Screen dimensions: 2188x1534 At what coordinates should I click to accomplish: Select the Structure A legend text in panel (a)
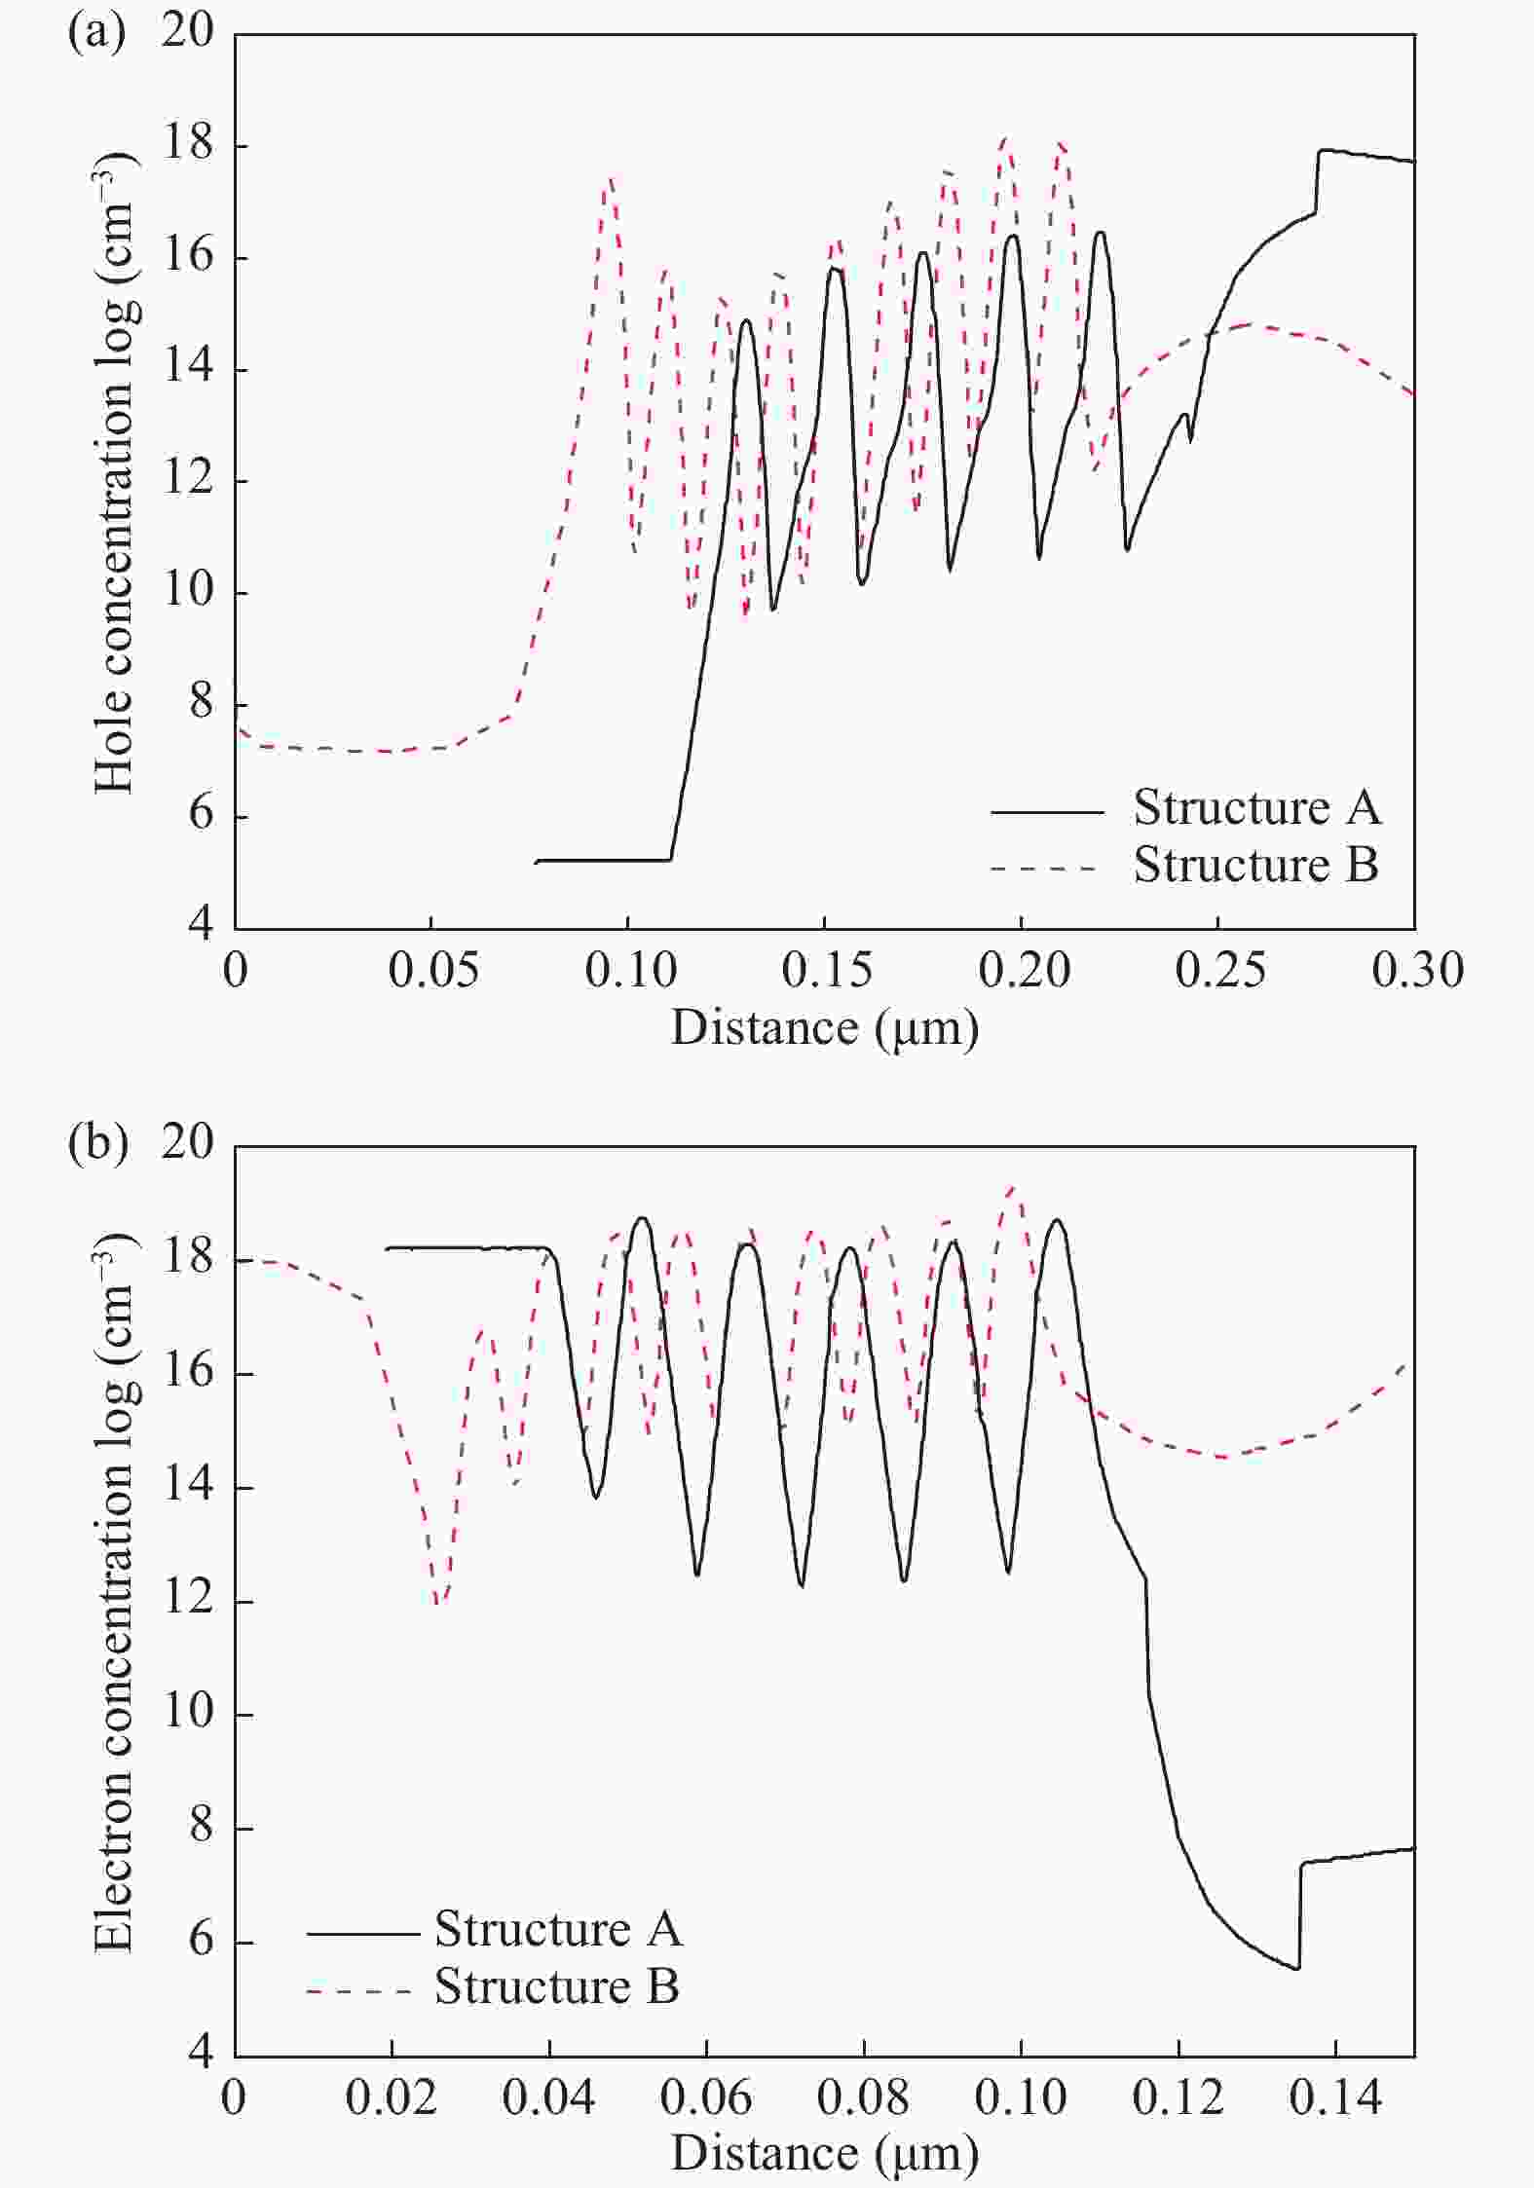coord(1256,808)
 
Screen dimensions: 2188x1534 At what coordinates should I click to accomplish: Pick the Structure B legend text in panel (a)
coord(1256,866)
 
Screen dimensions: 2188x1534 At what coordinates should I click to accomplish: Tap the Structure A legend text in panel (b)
coord(558,1929)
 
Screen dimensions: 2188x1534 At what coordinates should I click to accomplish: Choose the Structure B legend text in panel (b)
coord(556,1986)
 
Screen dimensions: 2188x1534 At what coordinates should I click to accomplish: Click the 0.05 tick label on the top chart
coord(432,971)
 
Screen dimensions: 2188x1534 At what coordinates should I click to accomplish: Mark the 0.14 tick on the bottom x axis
coord(1335,2097)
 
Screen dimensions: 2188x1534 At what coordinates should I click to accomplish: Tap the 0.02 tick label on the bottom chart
coord(392,2097)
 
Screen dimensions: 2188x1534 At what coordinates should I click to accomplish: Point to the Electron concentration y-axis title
coord(116,1597)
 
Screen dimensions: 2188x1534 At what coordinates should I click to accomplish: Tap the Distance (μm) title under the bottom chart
coord(824,2154)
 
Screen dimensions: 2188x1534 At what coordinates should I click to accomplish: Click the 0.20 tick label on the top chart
coord(1024,971)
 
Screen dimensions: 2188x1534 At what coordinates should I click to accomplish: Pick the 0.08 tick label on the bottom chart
coord(863,2097)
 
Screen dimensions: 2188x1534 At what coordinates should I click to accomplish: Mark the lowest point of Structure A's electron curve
coord(1297,1968)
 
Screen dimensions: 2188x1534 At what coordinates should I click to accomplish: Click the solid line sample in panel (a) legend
coord(1047,811)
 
